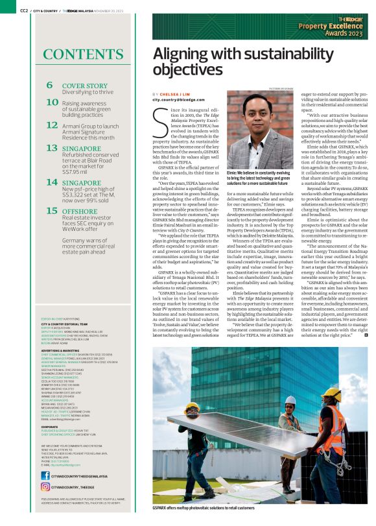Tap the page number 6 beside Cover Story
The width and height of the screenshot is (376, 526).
click(50, 85)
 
